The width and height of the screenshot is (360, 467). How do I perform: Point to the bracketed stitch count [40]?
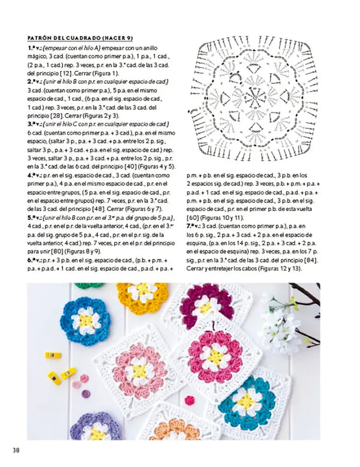[x=125, y=166]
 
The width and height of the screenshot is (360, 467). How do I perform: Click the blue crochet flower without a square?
[x=86, y=318]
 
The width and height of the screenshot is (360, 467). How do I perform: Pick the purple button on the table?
[x=86, y=394]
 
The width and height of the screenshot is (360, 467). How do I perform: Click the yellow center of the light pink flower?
[x=139, y=370]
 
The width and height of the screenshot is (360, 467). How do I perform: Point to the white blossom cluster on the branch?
[x=281, y=327]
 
